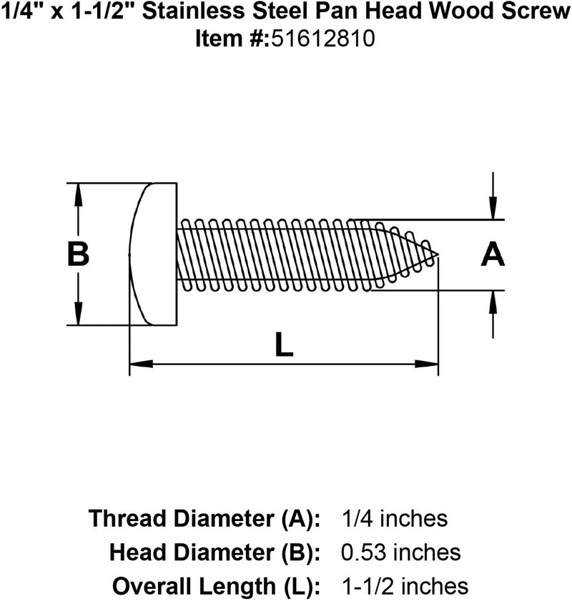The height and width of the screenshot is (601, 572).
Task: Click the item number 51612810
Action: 321,40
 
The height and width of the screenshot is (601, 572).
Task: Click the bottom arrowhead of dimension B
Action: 77,318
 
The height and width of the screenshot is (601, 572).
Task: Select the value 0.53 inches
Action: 399,552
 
